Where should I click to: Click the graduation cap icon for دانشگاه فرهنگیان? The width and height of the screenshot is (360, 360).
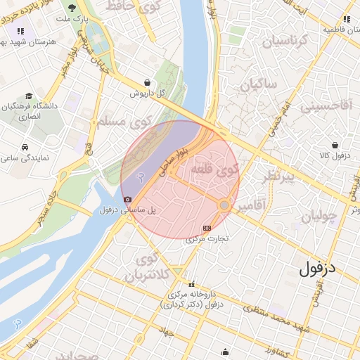pyautogui.click(x=28, y=96)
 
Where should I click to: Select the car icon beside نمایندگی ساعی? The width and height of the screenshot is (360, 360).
pyautogui.click(x=25, y=148)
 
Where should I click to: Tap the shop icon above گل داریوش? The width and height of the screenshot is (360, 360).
pyautogui.click(x=146, y=82)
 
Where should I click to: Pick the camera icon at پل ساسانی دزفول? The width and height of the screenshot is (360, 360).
pyautogui.click(x=126, y=200)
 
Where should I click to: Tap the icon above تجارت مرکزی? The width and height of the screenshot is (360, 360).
pyautogui.click(x=207, y=228)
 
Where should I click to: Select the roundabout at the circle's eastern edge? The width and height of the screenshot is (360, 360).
pyautogui.click(x=224, y=205)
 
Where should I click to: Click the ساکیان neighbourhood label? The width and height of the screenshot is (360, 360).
pyautogui.click(x=258, y=86)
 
